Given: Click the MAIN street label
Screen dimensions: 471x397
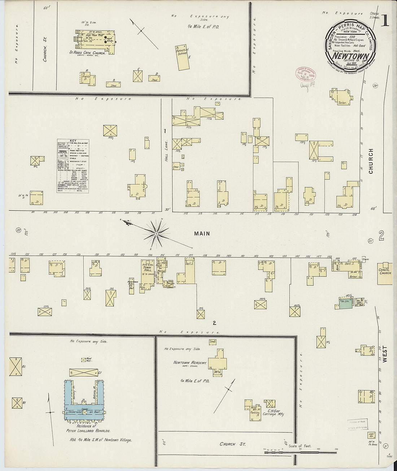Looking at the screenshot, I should point(202,234).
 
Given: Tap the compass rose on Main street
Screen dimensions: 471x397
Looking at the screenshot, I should point(156,234).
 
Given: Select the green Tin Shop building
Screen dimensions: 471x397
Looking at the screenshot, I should point(344,303).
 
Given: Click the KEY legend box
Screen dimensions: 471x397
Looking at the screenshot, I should point(74,166).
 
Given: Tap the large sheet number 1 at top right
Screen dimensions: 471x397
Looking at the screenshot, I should point(384,21).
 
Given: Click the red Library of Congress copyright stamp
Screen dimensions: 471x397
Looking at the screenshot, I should point(305,73).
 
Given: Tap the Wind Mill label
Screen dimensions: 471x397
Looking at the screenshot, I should point(85,360).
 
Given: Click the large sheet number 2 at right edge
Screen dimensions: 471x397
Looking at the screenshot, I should point(382,236).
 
